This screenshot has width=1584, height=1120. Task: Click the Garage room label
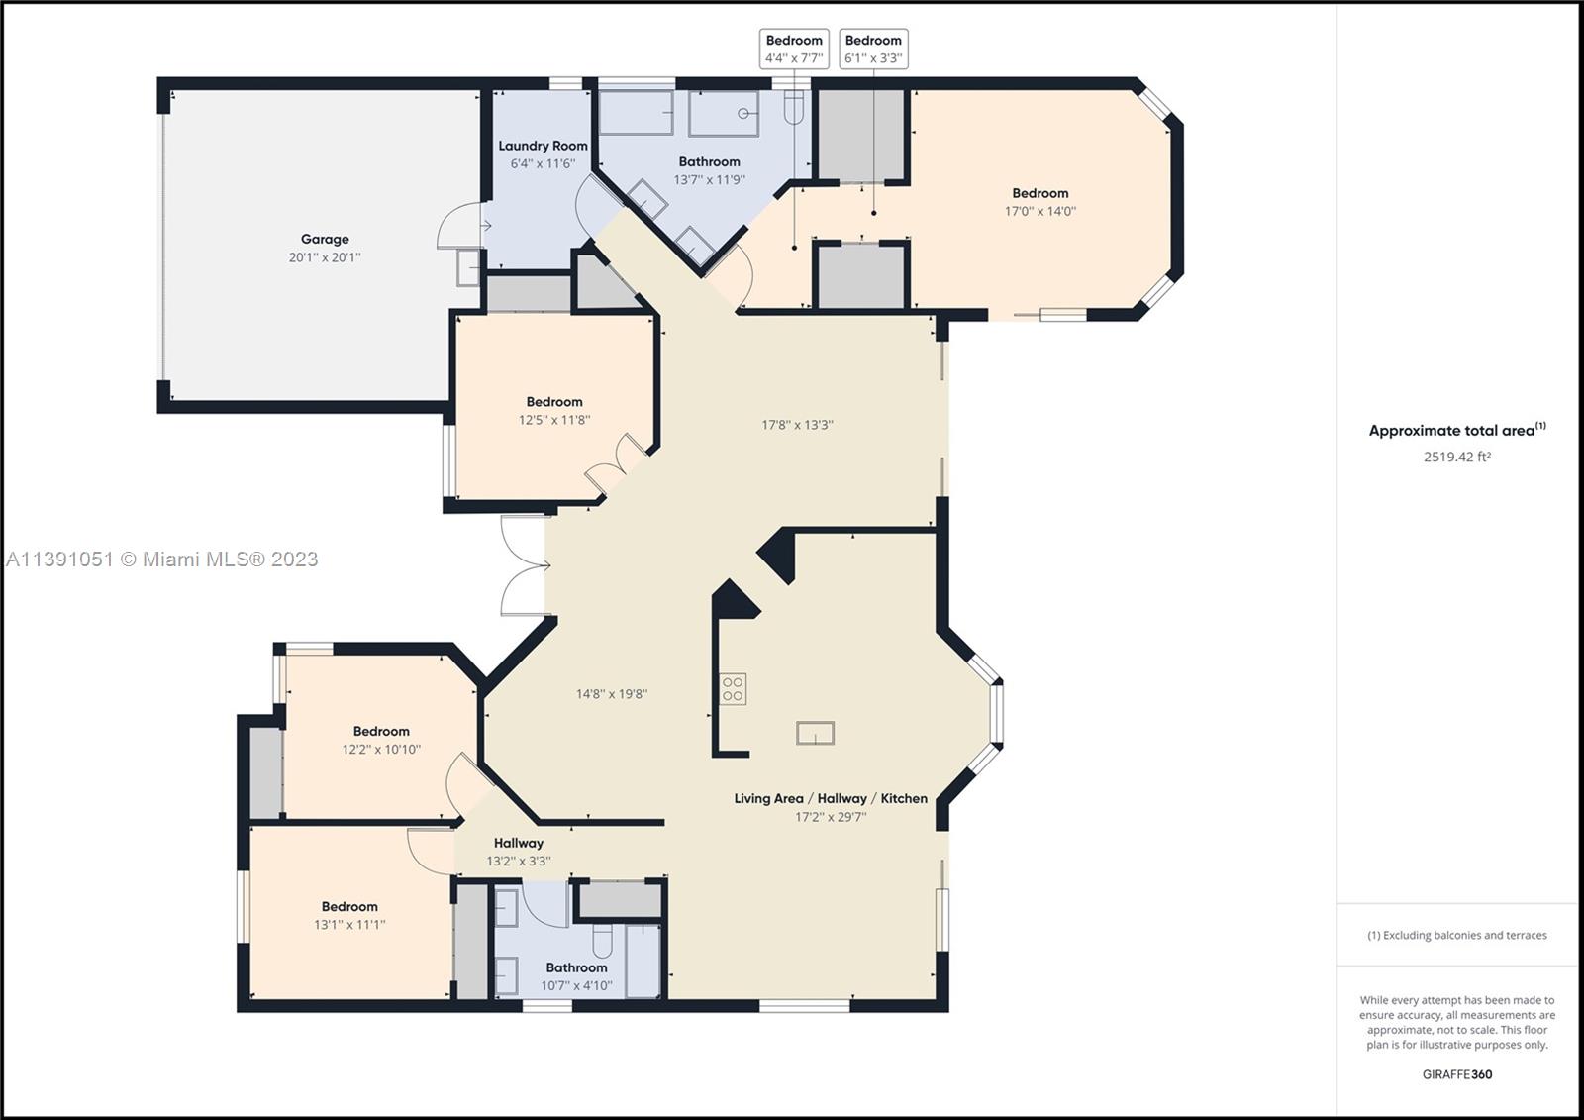pos(325,239)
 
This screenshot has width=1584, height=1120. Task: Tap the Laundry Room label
pos(543,146)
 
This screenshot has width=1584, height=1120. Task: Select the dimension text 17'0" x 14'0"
pos(1040,211)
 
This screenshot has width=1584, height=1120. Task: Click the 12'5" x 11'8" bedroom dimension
pos(553,420)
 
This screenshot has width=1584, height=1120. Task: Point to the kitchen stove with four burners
pos(733,689)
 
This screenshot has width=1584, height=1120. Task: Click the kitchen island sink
pos(816,733)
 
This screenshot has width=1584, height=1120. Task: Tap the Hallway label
pos(519,843)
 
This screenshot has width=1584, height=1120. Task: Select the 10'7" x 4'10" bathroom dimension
pos(576,985)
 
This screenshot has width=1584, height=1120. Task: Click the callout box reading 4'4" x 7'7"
pos(794,49)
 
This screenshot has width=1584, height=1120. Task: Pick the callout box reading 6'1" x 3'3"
pos(873,49)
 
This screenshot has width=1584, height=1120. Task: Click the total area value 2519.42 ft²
pos(1457,457)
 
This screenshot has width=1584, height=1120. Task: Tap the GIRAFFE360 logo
pos(1457,1074)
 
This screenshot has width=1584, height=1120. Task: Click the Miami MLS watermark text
pos(162,559)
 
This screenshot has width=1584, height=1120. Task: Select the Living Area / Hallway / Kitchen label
pos(831,798)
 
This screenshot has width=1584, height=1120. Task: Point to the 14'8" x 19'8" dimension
pos(612,694)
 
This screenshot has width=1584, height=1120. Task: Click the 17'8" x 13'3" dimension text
pos(797,425)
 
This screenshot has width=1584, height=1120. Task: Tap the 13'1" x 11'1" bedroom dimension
pos(349,924)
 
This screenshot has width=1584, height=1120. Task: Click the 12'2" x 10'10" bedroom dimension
pos(381,749)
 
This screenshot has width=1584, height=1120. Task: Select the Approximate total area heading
pos(1457,430)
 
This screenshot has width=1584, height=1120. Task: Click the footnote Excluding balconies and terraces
pos(1457,935)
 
